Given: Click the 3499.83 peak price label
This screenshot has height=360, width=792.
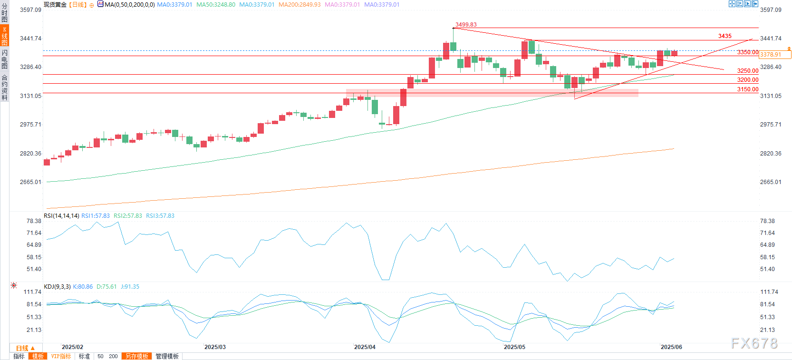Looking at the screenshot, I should [x=465, y=25].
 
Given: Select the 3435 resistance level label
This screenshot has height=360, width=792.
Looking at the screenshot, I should [x=724, y=36].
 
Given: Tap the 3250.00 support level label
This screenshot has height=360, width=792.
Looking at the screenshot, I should [x=747, y=71].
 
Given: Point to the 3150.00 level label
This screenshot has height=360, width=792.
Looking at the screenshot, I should [x=747, y=89].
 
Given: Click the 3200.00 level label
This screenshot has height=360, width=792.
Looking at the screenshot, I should [x=747, y=80].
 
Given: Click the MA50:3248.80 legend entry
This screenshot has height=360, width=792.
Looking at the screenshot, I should [x=216, y=5].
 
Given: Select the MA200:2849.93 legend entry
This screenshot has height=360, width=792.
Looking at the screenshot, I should [x=299, y=5].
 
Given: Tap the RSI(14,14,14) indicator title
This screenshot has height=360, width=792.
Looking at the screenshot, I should [x=61, y=216].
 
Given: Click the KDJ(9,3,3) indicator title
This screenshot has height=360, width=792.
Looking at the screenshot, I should [x=57, y=287].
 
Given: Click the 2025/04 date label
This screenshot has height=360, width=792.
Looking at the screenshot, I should [x=365, y=347].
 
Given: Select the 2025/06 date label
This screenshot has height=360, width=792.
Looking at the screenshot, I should [x=671, y=347].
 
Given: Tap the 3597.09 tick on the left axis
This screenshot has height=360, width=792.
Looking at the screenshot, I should [x=30, y=10].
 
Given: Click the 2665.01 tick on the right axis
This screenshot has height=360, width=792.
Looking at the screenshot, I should [x=771, y=182].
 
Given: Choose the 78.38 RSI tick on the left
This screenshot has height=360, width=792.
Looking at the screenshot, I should [x=34, y=221].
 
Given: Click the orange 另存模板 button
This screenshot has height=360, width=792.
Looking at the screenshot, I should [x=137, y=356].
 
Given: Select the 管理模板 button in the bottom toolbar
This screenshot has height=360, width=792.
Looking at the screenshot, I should [x=167, y=356].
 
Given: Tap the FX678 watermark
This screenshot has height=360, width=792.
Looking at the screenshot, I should [x=754, y=343].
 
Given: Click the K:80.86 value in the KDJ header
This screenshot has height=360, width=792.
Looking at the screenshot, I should [x=83, y=287].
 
